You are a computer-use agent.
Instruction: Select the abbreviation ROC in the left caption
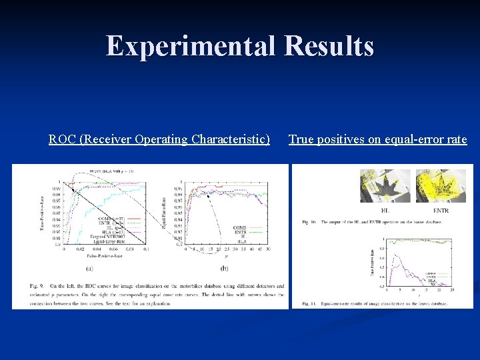tap(62, 139)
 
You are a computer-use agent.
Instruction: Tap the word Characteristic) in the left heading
tap(231, 139)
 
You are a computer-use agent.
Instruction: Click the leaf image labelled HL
tap(385, 185)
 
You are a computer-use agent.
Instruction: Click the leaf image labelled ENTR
tap(441, 185)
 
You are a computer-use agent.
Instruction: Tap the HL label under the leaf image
tap(385, 211)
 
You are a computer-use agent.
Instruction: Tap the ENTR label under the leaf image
tap(441, 211)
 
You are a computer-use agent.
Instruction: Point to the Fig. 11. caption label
tap(309, 304)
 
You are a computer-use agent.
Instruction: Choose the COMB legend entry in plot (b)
tap(240, 227)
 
